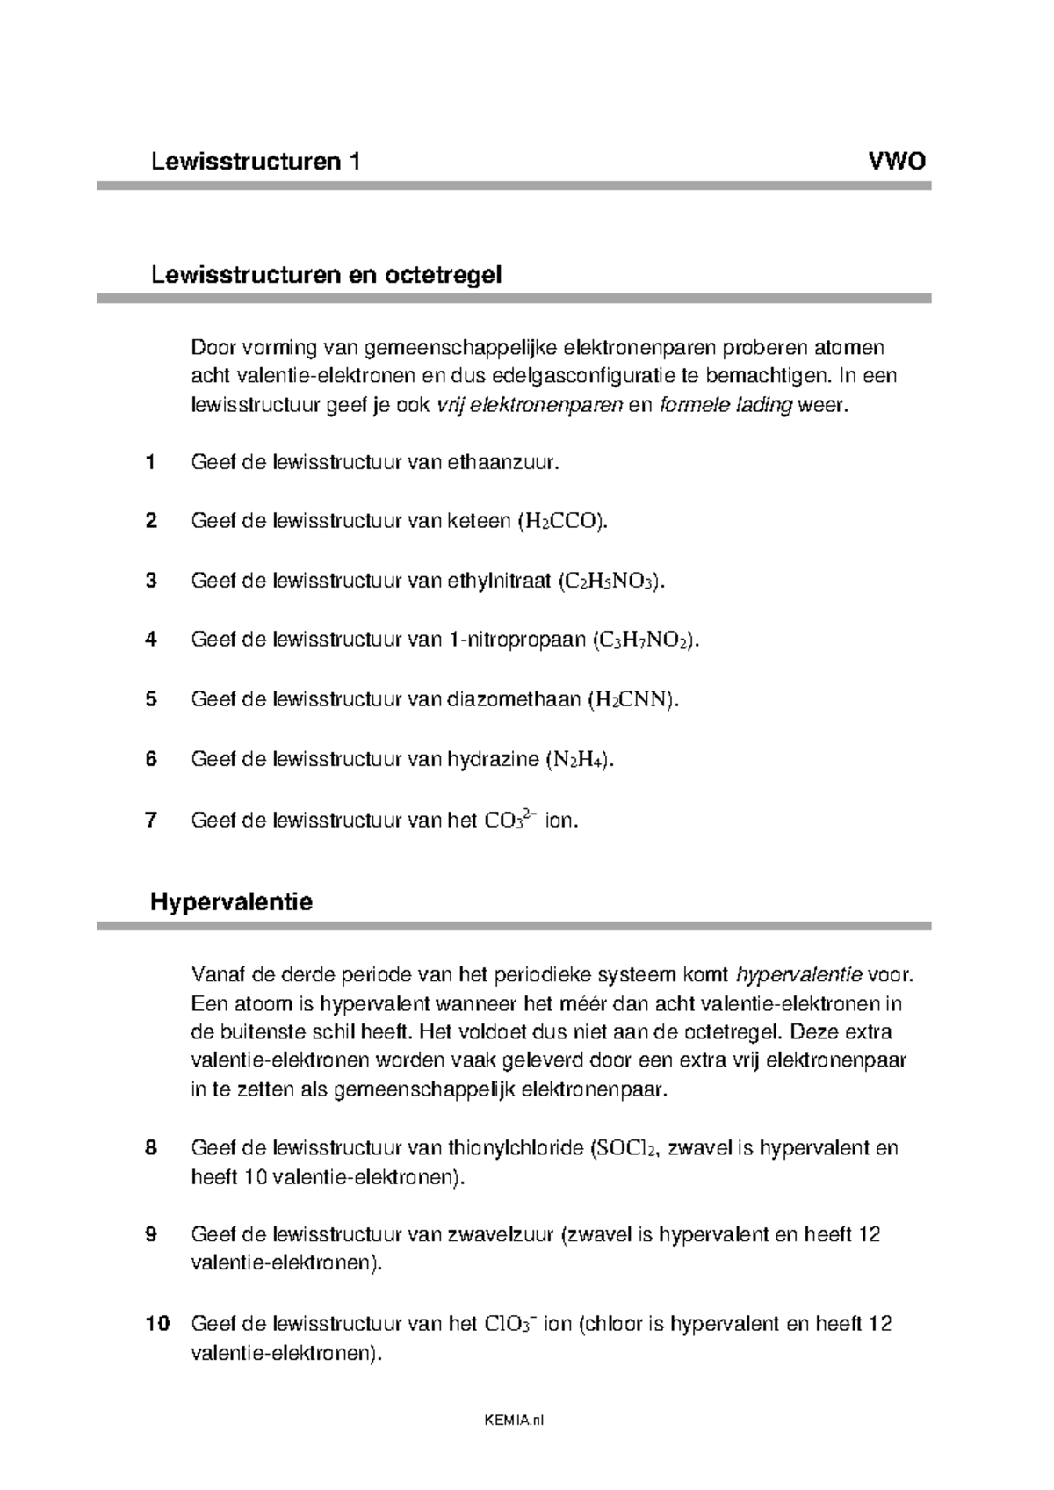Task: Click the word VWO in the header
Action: click(896, 162)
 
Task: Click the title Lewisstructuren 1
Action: click(256, 162)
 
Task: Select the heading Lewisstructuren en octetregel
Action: click(326, 275)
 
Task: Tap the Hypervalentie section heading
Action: click(231, 901)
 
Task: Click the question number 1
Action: click(151, 462)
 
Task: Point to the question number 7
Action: click(151, 821)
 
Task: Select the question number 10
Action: click(156, 1324)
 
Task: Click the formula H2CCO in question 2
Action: click(562, 522)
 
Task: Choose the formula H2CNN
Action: click(632, 700)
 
